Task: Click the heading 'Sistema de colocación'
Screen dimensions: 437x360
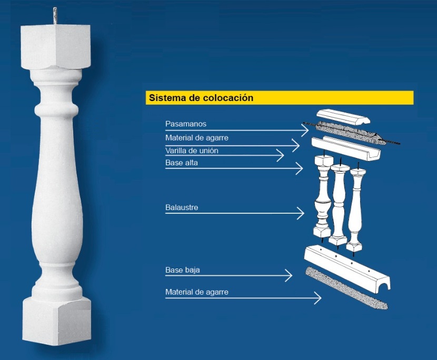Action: click(x=201, y=98)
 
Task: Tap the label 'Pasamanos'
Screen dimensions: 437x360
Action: click(x=186, y=124)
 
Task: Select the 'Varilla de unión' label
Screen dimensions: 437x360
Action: click(x=192, y=151)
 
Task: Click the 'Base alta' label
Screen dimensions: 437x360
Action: click(x=182, y=163)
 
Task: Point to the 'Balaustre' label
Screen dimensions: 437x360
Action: click(x=182, y=207)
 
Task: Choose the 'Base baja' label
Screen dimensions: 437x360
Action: click(x=183, y=270)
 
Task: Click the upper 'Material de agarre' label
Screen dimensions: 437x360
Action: click(x=197, y=138)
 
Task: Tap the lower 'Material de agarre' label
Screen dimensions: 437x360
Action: click(x=197, y=292)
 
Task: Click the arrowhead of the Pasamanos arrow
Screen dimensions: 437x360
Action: click(x=308, y=130)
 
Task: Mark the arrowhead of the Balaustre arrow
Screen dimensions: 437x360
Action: click(x=303, y=214)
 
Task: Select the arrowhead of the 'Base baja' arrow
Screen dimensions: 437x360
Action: click(x=292, y=276)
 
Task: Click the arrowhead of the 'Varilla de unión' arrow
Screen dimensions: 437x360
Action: click(x=283, y=155)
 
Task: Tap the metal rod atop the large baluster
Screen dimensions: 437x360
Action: click(x=55, y=16)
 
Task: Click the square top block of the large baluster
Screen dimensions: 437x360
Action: click(x=55, y=47)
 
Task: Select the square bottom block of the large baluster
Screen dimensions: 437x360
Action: click(x=56, y=321)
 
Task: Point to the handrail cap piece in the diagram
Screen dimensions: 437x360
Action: click(x=343, y=116)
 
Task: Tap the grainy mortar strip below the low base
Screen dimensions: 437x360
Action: click(x=346, y=288)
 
